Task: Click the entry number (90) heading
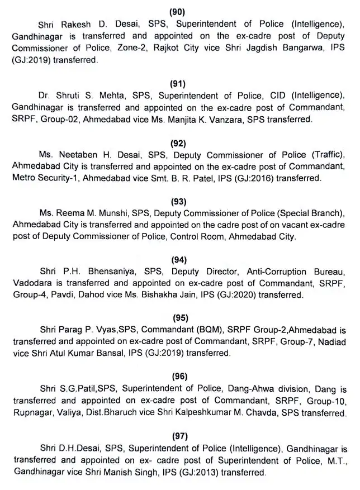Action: [x=179, y=11]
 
